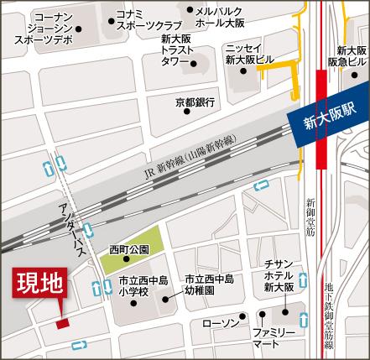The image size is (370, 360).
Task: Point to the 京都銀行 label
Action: point(195,102)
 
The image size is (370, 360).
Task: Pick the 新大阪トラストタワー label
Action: point(178,51)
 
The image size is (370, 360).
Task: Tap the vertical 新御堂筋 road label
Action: point(310,218)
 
